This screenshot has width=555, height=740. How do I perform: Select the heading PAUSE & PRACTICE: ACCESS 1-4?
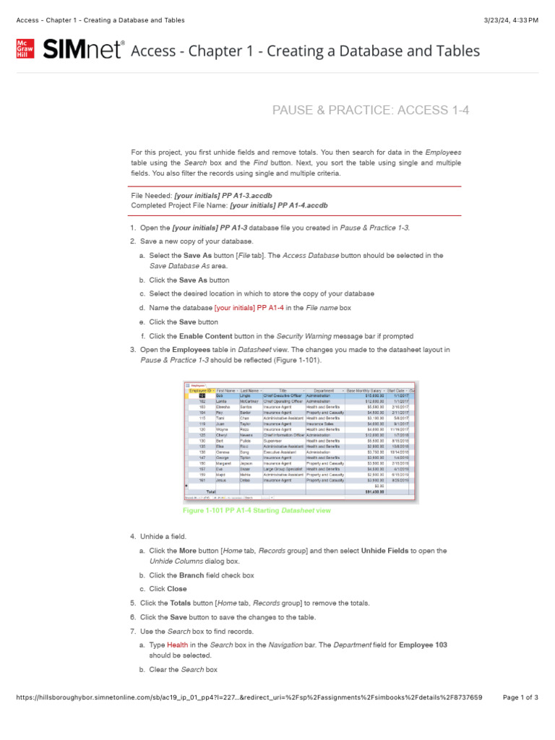pos(370,110)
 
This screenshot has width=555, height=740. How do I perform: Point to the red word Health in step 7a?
pos(177,645)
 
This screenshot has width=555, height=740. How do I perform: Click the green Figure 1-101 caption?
pos(257,510)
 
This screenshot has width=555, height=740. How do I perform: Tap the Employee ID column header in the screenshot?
pos(200,391)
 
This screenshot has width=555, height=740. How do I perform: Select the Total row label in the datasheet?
pos(212,491)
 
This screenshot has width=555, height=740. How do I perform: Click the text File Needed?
pos(151,196)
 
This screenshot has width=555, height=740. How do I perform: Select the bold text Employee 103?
pos(423,645)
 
